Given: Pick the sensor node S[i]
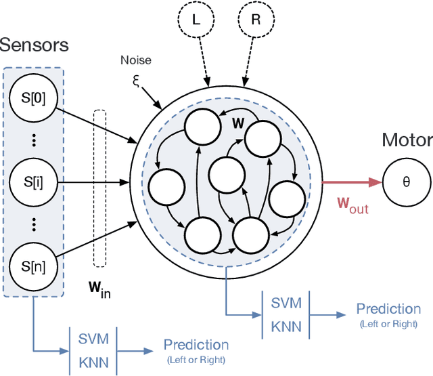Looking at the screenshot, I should [x=31, y=182].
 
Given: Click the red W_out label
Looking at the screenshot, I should [x=352, y=206].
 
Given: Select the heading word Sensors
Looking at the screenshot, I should [x=34, y=45].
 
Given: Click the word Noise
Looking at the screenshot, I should [x=136, y=60].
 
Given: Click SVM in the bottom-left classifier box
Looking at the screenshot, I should [x=91, y=337].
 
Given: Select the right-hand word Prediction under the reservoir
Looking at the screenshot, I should [x=388, y=309].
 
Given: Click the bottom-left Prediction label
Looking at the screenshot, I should [x=196, y=346].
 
